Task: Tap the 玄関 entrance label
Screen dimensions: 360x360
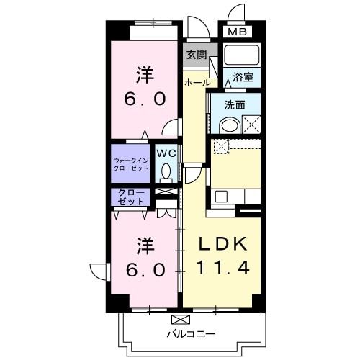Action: click(196, 54)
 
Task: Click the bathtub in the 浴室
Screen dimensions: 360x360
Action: click(241, 57)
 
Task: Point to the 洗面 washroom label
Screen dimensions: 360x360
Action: click(235, 104)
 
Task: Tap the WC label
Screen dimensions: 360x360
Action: click(167, 153)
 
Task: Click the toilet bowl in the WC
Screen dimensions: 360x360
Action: click(167, 173)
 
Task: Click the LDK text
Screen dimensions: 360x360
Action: click(223, 243)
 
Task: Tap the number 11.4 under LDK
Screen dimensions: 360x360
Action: click(223, 269)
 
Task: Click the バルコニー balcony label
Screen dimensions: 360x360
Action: click(192, 333)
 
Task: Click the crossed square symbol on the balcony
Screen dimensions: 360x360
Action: click(179, 318)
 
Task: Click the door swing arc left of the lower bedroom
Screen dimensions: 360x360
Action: click(100, 271)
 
